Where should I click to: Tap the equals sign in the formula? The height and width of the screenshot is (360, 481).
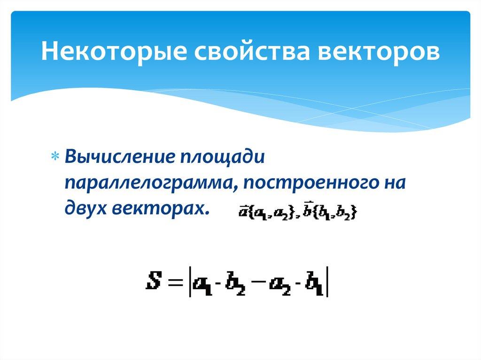pos(175,283)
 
